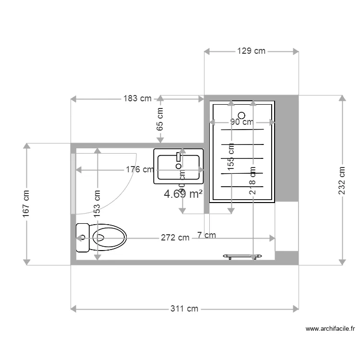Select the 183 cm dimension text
[137, 99]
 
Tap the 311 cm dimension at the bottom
[184, 309]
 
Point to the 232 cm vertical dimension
[342, 180]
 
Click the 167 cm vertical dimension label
[26, 204]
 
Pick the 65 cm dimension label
[160, 120]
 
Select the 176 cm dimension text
[140, 169]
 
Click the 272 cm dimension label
[175, 238]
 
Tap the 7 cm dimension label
[206, 235]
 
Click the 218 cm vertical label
[252, 180]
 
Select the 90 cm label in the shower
[241, 122]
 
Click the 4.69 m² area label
[183, 194]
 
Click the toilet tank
[83, 238]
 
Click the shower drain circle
[241, 115]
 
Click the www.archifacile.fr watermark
[331, 329]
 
